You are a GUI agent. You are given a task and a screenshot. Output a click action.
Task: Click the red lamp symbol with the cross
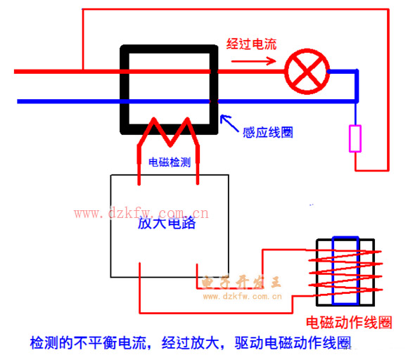pyautogui.click(x=307, y=72)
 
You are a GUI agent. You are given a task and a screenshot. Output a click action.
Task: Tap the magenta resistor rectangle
pyautogui.click(x=355, y=139)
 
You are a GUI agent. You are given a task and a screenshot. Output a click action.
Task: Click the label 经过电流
pyautogui.click(x=251, y=44)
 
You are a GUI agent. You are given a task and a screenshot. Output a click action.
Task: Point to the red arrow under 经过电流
pyautogui.click(x=254, y=61)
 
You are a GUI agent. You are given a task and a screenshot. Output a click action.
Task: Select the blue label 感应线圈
pyautogui.click(x=268, y=132)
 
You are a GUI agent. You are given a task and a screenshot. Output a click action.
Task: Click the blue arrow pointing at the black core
pyautogui.click(x=229, y=123)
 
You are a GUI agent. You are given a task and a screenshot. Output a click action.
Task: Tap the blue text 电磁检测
pyautogui.click(x=170, y=162)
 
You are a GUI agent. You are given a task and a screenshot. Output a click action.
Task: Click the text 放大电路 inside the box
pyautogui.click(x=167, y=223)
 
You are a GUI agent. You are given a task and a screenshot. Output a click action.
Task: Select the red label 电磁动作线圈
pyautogui.click(x=349, y=323)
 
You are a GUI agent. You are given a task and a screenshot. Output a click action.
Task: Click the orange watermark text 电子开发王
pyautogui.click(x=241, y=283)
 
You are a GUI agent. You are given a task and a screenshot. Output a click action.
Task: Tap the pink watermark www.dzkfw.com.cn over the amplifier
pyautogui.click(x=141, y=213)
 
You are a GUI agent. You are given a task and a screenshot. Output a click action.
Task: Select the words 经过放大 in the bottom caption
pyautogui.click(x=190, y=343)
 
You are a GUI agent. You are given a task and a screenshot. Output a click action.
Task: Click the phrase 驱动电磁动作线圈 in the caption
pyautogui.click(x=293, y=343)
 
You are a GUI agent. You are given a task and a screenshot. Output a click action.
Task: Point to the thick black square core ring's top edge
pyautogui.click(x=169, y=49)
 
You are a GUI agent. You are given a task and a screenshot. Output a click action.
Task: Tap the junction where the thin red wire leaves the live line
pyautogui.click(x=83, y=71)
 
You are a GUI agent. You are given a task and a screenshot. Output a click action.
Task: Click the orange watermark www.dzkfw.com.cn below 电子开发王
pyautogui.click(x=242, y=296)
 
